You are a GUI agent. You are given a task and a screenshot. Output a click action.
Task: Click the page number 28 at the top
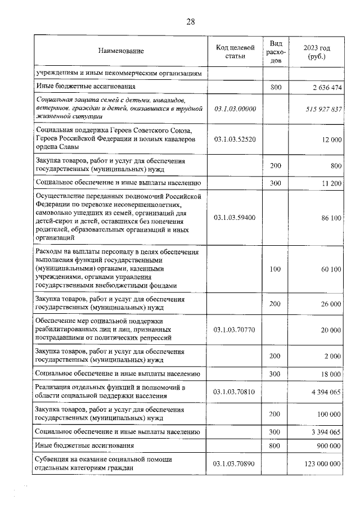point(190,22)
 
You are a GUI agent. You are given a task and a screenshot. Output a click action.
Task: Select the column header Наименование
point(121,52)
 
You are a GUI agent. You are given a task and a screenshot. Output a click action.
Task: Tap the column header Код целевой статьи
point(236,52)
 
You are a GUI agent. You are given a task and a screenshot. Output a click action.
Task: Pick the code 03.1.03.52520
point(236,138)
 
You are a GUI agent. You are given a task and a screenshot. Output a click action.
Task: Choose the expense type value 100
point(275,269)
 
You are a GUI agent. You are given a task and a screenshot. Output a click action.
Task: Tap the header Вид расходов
point(275,52)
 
